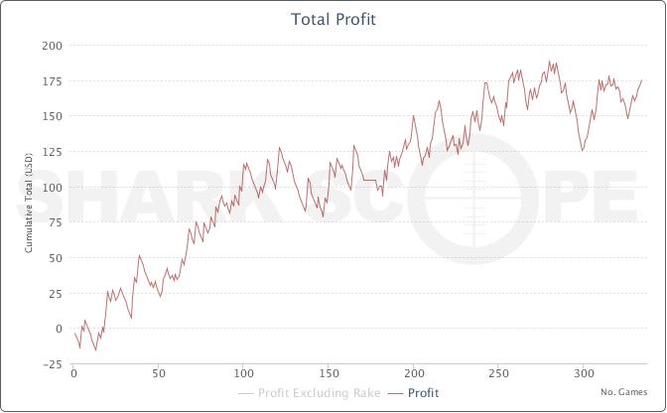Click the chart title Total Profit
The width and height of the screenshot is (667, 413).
click(x=333, y=19)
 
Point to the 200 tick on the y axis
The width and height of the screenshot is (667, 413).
click(x=52, y=46)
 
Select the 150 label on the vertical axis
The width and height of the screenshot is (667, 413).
click(x=52, y=116)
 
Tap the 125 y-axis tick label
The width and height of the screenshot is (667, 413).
click(x=52, y=152)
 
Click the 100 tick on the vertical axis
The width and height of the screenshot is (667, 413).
click(x=52, y=188)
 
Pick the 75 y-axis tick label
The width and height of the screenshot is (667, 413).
click(x=55, y=222)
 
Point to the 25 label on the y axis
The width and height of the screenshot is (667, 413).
click(x=55, y=293)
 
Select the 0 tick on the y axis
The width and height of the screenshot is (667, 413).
click(x=58, y=329)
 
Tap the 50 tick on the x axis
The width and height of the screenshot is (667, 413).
click(x=159, y=374)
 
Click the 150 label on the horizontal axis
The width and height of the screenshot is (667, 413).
click(x=329, y=374)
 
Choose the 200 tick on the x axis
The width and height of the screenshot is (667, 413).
click(x=414, y=374)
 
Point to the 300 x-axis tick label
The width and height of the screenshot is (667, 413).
click(x=584, y=374)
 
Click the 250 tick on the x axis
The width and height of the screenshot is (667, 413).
click(x=498, y=374)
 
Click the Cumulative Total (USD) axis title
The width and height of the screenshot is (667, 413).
click(x=30, y=205)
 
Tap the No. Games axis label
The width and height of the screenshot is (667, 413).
click(x=628, y=392)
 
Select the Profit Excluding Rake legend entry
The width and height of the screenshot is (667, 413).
click(x=317, y=393)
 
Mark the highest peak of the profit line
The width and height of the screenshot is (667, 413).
click(x=548, y=62)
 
